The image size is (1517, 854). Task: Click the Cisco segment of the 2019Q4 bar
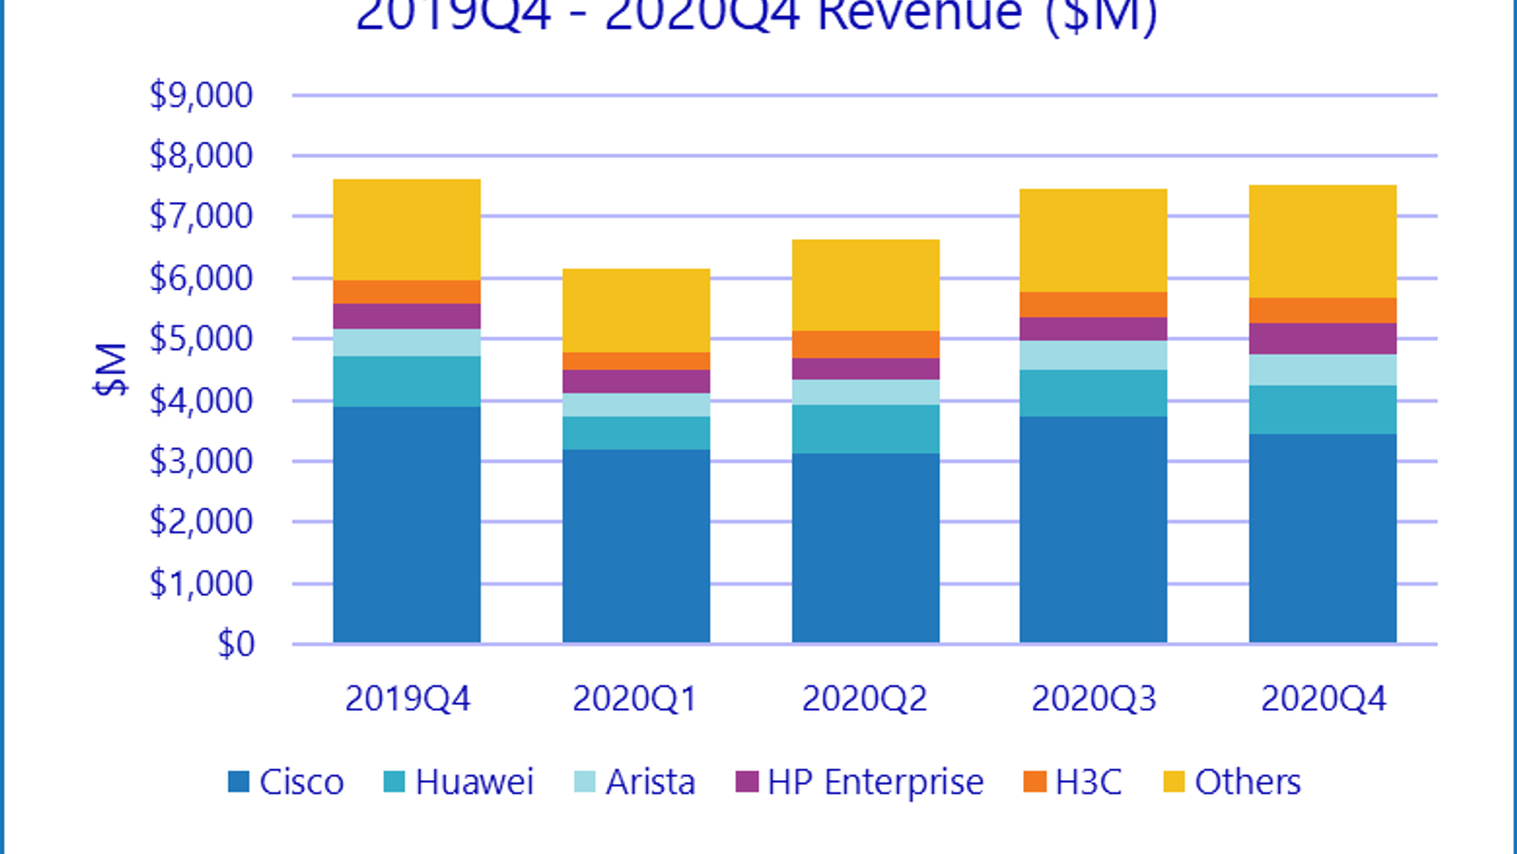pos(407,525)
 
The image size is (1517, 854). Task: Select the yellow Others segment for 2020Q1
pos(636,310)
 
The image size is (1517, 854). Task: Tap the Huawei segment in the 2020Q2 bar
pos(866,429)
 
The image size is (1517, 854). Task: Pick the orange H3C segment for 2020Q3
pos(1093,305)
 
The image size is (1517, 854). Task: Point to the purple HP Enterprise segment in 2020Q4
pos(1323,339)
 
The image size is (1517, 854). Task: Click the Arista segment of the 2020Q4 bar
pos(1323,370)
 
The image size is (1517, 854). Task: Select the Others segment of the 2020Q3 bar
pos(1093,240)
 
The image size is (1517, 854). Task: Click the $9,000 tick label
pos(201,95)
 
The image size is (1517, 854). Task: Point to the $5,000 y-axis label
pos(201,339)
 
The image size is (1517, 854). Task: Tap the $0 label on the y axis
pos(236,644)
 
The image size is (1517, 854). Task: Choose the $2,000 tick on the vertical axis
pos(201,522)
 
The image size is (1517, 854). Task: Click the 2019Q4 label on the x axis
pos(407,699)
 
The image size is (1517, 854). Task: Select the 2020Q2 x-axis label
pos(865,699)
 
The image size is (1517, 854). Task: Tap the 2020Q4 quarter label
pos(1323,699)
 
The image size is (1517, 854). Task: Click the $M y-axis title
pos(111,369)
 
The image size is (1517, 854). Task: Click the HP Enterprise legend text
pos(875,782)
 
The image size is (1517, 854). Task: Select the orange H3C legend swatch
pos(1035,782)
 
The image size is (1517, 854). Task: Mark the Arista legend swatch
pos(585,782)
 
